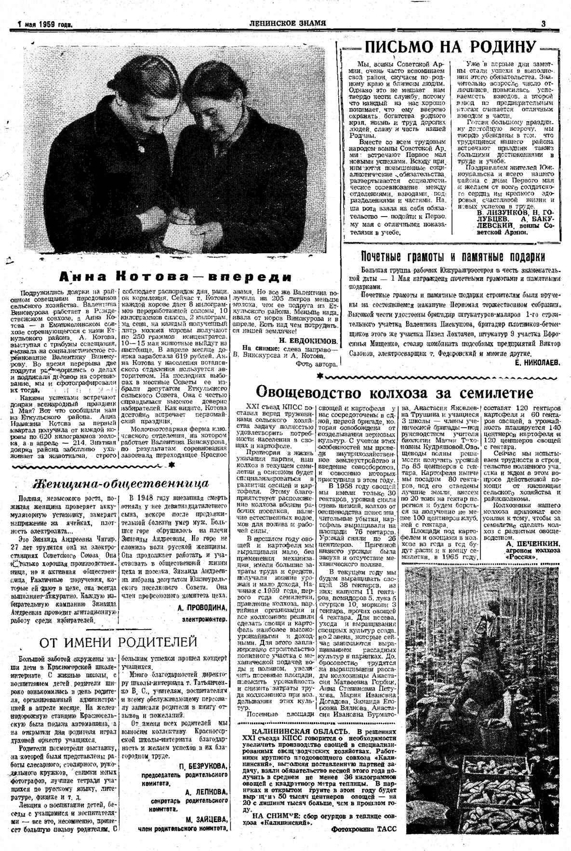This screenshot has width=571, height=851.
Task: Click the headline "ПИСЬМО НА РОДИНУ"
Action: [x=450, y=47]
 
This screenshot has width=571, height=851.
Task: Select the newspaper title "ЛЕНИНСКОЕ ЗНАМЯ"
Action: [x=288, y=23]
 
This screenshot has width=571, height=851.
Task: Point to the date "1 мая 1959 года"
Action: [x=44, y=24]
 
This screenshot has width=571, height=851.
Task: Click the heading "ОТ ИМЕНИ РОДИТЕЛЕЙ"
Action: [x=118, y=642]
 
